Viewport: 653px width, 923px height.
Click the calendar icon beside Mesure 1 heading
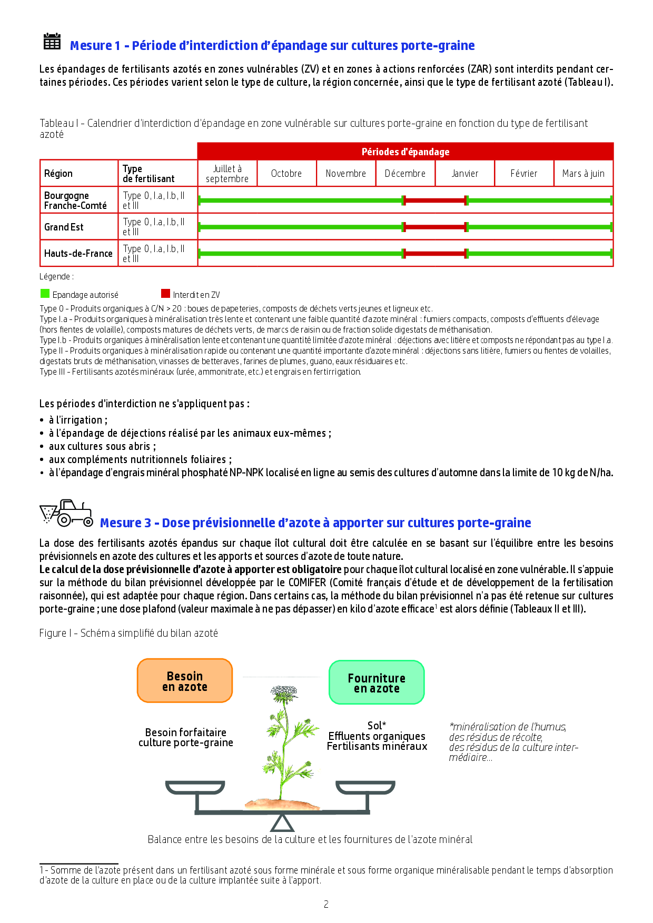point(52,41)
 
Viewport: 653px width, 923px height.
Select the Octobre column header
point(286,174)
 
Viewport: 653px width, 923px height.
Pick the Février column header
point(523,174)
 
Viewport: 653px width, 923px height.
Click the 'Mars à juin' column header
point(583,174)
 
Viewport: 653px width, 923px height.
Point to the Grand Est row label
point(64,227)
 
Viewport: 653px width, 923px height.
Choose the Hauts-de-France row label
point(78,253)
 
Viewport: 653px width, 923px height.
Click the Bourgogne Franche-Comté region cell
point(75,200)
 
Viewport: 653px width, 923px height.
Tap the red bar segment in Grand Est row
point(435,227)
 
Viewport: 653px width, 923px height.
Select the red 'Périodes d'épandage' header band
point(405,152)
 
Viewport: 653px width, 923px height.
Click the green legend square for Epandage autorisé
point(45,294)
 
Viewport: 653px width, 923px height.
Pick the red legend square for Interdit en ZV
point(165,294)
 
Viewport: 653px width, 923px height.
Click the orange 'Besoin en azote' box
point(184,681)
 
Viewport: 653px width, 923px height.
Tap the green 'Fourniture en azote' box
point(376,683)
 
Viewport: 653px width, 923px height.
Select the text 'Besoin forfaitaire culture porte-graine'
point(185,737)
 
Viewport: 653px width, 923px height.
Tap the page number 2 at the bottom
point(326,904)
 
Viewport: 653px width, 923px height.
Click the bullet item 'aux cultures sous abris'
point(102,446)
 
